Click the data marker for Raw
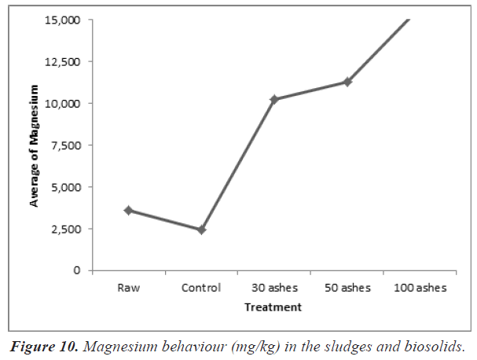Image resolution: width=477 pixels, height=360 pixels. (128, 211)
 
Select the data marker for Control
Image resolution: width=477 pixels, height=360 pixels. (201, 230)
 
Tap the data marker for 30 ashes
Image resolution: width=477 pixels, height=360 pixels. (274, 99)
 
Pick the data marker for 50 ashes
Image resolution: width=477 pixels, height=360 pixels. (347, 82)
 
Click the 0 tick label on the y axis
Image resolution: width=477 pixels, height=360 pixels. (77, 270)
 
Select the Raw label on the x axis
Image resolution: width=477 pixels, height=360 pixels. (128, 288)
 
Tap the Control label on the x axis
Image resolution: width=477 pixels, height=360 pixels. (201, 288)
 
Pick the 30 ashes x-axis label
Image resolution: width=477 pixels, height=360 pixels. (274, 288)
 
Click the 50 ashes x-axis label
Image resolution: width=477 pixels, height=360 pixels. (347, 288)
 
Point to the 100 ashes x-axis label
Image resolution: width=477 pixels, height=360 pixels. (420, 288)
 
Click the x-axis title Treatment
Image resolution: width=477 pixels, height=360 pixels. (273, 307)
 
